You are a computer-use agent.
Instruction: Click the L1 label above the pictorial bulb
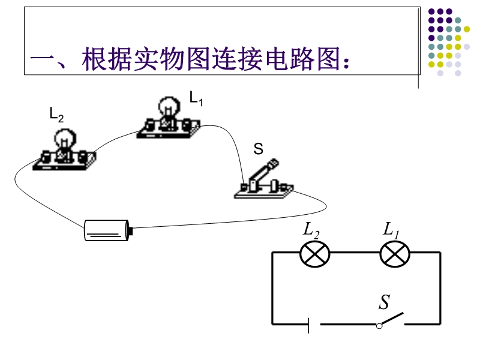tap(196, 98)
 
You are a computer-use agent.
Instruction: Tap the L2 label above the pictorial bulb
tap(56, 115)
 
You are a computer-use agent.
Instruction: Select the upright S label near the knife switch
tap(259, 149)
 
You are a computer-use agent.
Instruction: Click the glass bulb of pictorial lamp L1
tap(169, 107)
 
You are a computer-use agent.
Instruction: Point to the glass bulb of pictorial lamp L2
tap(65, 139)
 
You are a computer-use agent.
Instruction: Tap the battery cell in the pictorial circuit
tap(108, 230)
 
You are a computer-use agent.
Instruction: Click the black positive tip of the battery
tap(131, 230)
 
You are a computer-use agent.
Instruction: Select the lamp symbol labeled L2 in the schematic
tap(314, 254)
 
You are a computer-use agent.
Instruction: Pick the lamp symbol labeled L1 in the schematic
tap(395, 254)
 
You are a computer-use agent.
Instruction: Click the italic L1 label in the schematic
tap(391, 230)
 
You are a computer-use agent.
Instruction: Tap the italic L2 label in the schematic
tap(311, 230)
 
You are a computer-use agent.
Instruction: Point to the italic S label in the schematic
tap(385, 302)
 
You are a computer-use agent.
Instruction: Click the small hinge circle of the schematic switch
tap(379, 326)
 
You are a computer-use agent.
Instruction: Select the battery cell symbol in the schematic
tap(314, 325)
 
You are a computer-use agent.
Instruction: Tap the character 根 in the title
tap(94, 59)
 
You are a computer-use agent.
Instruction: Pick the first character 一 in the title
tap(42, 59)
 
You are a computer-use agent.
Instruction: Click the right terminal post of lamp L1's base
tap(187, 125)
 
